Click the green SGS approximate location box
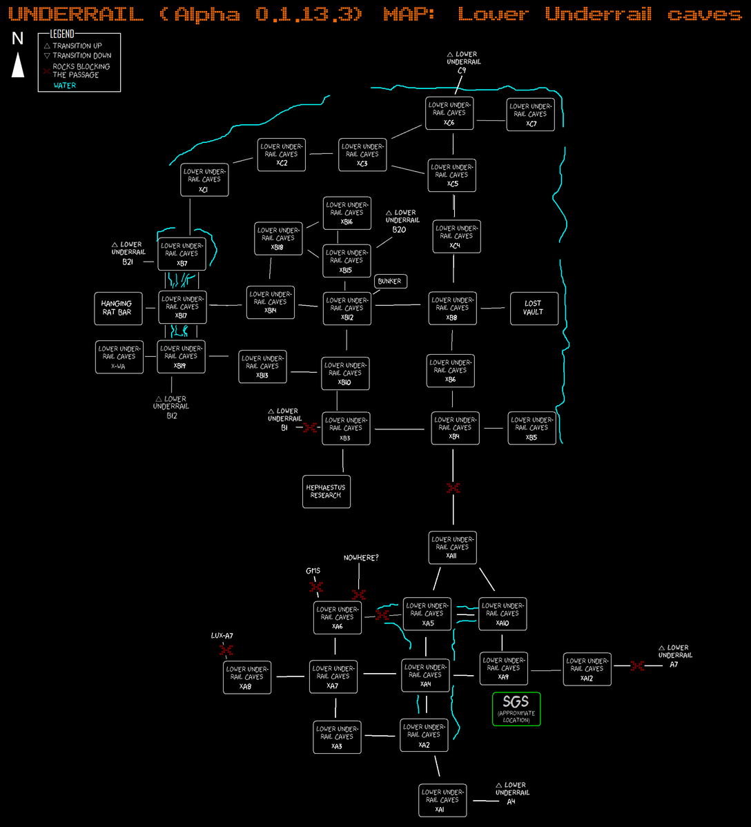pos(516,709)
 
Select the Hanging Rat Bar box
pos(116,308)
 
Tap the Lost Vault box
pos(534,308)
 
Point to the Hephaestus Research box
pos(326,491)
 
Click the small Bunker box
pos(390,282)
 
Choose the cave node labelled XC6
pos(449,113)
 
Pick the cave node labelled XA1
pos(442,800)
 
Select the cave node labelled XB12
pos(347,308)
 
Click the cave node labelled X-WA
pos(119,357)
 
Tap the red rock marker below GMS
pos(316,587)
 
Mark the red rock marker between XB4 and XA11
pos(453,488)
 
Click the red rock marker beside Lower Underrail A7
pos(637,665)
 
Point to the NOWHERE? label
pos(361,558)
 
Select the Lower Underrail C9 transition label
pos(462,61)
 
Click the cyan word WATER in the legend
pos(65,86)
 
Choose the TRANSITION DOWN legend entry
pos(77,55)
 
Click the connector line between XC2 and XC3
pos(321,154)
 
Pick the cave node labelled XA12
pos(587,669)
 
